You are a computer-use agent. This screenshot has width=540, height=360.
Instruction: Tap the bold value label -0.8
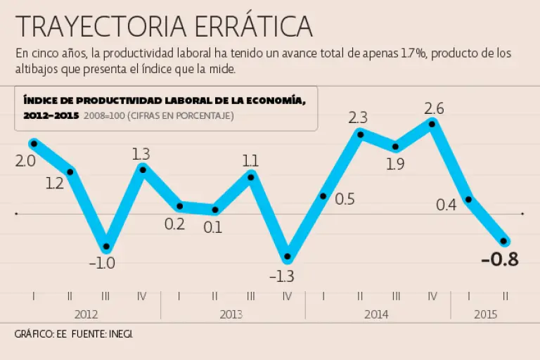coord(500,259)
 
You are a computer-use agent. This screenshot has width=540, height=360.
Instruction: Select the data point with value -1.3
coord(287,257)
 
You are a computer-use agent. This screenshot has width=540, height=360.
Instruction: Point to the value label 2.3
coord(359,117)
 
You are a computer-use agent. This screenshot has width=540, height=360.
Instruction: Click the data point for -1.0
coord(106,247)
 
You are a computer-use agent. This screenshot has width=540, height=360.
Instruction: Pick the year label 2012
coord(86,314)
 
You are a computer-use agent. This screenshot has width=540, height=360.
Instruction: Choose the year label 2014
coord(377,314)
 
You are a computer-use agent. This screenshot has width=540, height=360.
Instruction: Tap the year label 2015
coord(486,314)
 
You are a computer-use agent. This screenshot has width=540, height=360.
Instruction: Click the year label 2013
coord(231,314)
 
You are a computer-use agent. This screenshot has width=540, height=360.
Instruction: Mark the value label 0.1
coord(213,227)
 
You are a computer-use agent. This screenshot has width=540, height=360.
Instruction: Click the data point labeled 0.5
coord(323,196)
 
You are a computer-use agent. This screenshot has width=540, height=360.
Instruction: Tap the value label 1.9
coord(395,165)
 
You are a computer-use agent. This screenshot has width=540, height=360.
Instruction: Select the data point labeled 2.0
coord(33,143)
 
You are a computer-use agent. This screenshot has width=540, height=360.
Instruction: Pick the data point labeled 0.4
coord(468,199)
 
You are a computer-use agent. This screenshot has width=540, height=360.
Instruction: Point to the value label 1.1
coord(250,160)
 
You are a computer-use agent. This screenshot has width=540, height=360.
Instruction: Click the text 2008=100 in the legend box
coord(101,115)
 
